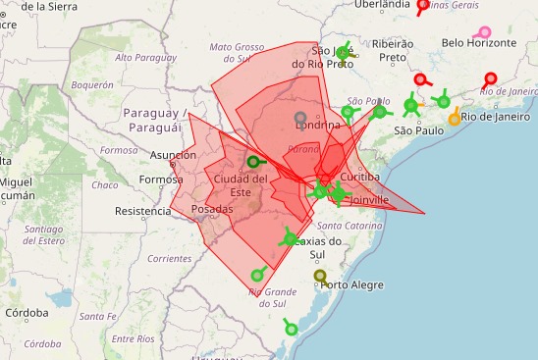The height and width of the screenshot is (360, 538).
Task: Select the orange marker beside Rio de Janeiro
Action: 455,120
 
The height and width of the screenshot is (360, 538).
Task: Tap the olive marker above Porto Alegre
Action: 320,276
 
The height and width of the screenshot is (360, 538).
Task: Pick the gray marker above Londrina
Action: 300,119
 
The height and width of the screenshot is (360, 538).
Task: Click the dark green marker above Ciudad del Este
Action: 253,162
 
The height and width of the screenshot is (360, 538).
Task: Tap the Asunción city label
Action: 174,155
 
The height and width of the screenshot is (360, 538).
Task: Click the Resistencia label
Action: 142,211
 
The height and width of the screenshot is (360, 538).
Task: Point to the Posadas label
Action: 213,210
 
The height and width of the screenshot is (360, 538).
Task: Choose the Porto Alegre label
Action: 353,285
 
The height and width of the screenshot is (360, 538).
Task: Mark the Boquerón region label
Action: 92,85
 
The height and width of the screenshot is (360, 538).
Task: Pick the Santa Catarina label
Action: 350,226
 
